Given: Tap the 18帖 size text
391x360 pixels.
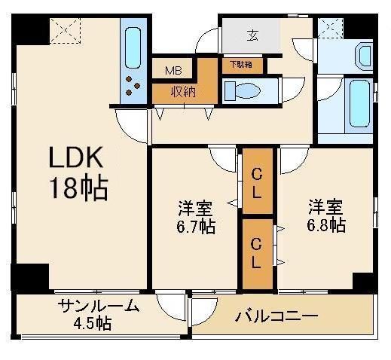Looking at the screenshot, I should pyautogui.click(x=79, y=188).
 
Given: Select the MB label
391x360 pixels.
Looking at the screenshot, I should pyautogui.click(x=173, y=72).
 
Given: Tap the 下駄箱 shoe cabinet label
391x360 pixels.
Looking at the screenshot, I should pyautogui.click(x=241, y=65).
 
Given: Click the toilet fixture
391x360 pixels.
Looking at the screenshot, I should pyautogui.click(x=243, y=91).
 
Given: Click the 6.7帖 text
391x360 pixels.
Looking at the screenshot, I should pyautogui.click(x=197, y=227).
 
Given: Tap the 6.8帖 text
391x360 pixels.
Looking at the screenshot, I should pyautogui.click(x=326, y=224).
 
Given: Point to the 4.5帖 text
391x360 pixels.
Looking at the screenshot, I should pyautogui.click(x=93, y=324).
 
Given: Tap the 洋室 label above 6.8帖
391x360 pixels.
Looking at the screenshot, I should pyautogui.click(x=326, y=205).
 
